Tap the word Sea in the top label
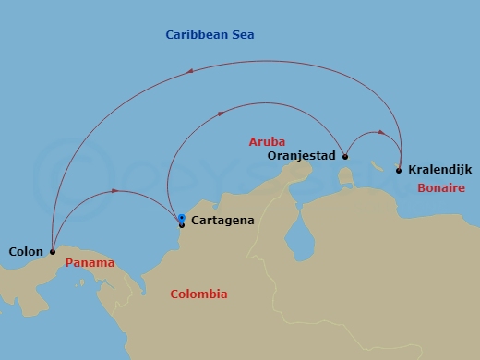243,35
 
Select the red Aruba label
267,141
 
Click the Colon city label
24,250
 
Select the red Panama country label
90,263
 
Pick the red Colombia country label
198,294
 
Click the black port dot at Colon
53,250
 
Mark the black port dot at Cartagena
182,224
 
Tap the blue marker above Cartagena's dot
182,218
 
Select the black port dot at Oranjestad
344,156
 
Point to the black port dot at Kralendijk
398,170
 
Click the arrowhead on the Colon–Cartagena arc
114,191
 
